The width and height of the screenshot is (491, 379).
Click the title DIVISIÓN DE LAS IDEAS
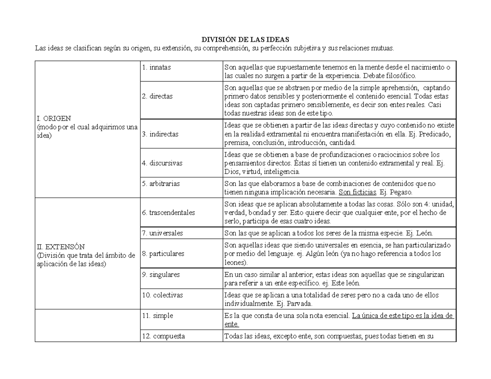coord(245,40)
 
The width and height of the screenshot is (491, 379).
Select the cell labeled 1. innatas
coord(157,67)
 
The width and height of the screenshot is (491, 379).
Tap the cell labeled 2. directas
coord(158,96)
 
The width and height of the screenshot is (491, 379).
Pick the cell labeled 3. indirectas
coord(160,134)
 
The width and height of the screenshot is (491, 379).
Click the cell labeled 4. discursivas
coord(162,163)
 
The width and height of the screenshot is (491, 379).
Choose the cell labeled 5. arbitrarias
coord(161,184)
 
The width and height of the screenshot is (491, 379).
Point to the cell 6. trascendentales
coord(169,213)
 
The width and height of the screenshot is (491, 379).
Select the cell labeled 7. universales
coord(162,233)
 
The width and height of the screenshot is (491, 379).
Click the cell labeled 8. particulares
coord(163,253)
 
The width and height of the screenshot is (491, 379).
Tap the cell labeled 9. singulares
coord(161,275)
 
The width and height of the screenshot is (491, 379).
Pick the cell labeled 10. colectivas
coord(162,295)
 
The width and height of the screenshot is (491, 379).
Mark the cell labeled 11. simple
coord(158,316)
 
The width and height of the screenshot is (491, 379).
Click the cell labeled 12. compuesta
coord(163,336)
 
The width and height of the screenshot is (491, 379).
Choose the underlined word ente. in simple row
coord(232,324)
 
